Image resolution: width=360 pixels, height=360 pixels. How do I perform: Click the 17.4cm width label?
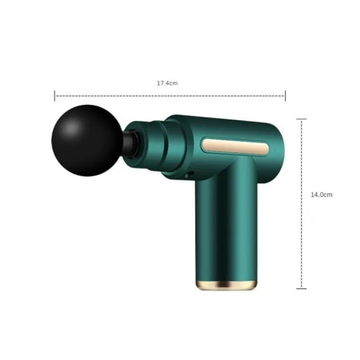click(167, 83)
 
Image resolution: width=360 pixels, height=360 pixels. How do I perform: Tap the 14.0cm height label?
click(321, 195)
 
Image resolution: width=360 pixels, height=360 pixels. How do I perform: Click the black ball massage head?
click(87, 140)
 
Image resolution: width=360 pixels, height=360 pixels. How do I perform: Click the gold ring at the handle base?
click(226, 285)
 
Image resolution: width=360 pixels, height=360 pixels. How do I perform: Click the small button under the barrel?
click(189, 175)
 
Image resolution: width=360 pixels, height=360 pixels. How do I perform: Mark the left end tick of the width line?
click(54, 96)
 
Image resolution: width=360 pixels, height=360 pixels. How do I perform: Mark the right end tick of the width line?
click(285, 96)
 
